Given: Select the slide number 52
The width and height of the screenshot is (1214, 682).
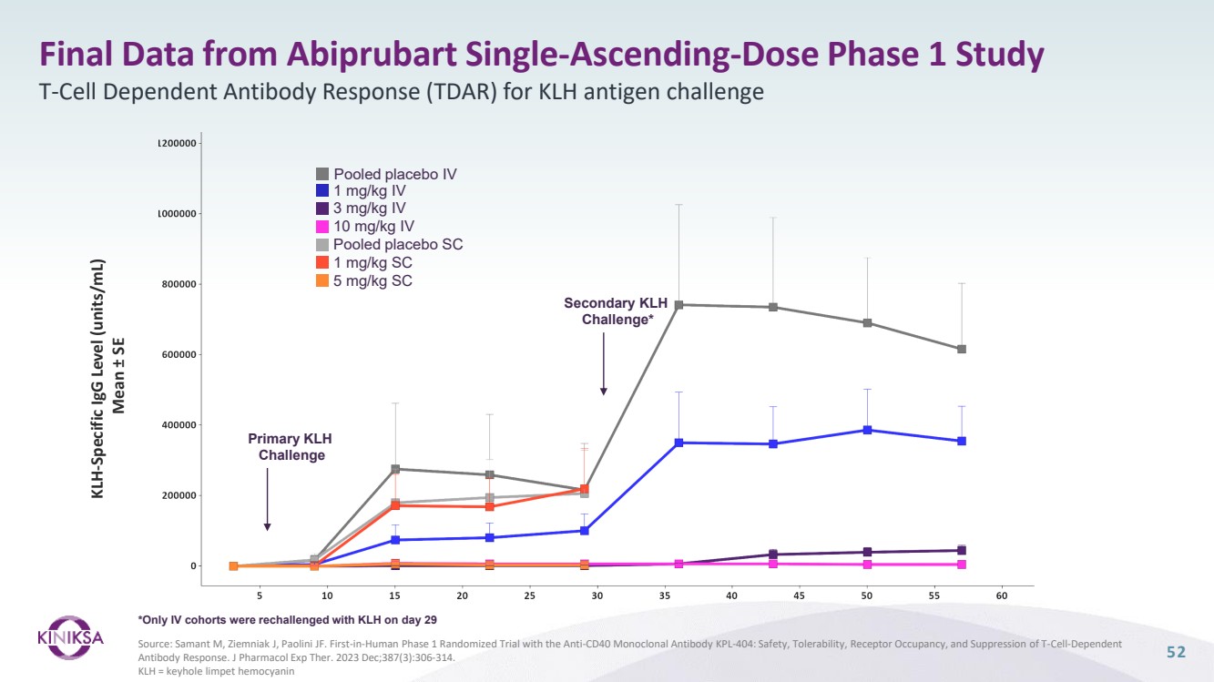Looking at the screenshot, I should click(x=1177, y=652).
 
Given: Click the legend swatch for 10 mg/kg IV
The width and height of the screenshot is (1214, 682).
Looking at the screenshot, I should click(x=322, y=227).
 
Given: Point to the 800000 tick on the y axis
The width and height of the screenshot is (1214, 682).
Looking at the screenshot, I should click(x=179, y=284).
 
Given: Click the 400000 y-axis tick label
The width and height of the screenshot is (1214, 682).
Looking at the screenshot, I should click(x=179, y=425).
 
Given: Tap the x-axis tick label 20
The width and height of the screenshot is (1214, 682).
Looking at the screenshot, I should click(x=462, y=595).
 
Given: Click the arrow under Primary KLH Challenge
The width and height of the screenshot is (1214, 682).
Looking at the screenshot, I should click(x=267, y=498).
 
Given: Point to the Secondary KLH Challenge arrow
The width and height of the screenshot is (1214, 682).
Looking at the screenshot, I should click(x=603, y=363).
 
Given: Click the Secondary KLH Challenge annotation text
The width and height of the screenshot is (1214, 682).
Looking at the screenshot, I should click(x=617, y=311).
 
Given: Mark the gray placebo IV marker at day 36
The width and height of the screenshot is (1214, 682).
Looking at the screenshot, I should click(x=678, y=304).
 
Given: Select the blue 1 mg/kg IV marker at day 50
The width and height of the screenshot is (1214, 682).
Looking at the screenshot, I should click(x=867, y=430).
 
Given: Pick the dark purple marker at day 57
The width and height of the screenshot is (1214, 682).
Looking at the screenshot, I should click(x=962, y=550).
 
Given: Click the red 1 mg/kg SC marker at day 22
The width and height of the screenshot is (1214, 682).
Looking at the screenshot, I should click(x=490, y=506).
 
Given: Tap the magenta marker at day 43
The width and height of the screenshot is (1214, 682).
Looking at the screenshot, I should click(x=773, y=564).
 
